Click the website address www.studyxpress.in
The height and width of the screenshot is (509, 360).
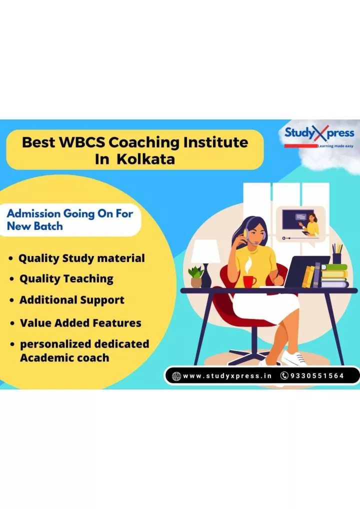pos(227,376)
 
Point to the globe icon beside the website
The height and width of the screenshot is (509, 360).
pos(176,376)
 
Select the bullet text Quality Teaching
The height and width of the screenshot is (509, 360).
pos(66,279)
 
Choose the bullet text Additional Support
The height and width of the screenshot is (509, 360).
pos(71,300)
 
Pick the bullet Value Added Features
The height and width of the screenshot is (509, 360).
pos(80,323)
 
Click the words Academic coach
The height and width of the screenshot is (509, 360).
pos(64,358)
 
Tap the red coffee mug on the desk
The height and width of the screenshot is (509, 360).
pos(249,281)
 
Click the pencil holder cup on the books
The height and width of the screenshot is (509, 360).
pos(336,257)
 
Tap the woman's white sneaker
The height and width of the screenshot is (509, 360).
pos(293,357)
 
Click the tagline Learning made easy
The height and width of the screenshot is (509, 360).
pos(335,146)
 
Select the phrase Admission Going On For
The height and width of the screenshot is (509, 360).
pos(73,213)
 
